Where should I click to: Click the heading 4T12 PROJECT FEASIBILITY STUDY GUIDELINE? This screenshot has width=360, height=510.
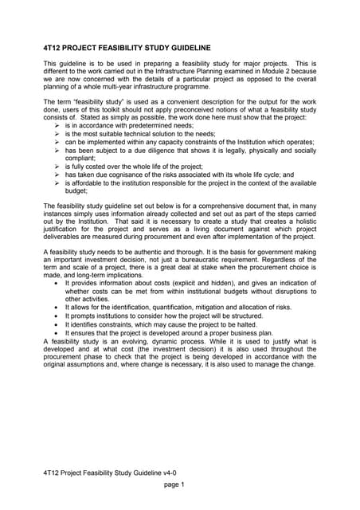tap(127, 48)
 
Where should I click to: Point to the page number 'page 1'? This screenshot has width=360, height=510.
tap(174, 484)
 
